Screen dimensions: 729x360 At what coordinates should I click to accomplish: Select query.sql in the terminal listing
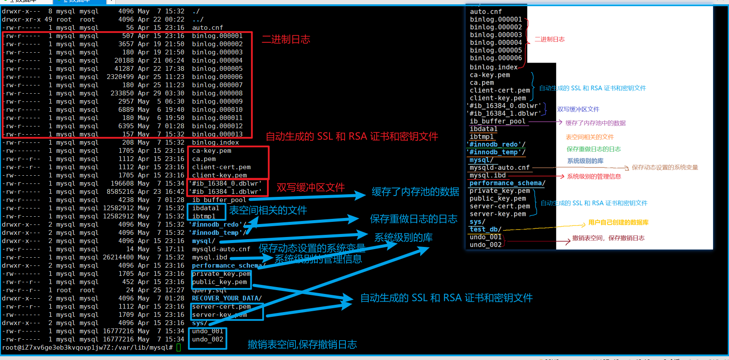pyautogui.click(x=209, y=290)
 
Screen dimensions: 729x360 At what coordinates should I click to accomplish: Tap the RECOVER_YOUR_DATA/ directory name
pyautogui.click(x=227, y=298)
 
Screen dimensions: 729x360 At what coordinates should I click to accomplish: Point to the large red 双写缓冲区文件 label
pyautogui.click(x=311, y=187)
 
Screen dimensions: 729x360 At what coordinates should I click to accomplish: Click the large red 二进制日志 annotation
pyautogui.click(x=286, y=39)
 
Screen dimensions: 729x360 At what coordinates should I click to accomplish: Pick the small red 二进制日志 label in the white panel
pyautogui.click(x=549, y=39)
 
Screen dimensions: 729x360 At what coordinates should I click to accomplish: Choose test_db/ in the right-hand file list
pyautogui.click(x=485, y=229)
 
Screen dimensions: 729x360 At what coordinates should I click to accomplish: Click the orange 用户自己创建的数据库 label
pyautogui.click(x=618, y=223)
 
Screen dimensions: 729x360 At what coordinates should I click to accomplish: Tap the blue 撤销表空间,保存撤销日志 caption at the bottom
pyautogui.click(x=302, y=344)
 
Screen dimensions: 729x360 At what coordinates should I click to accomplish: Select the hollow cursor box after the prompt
pyautogui.click(x=179, y=347)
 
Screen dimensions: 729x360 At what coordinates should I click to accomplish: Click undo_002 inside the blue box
pyautogui.click(x=208, y=339)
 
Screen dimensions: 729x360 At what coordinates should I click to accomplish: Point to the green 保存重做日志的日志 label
pyautogui.click(x=593, y=149)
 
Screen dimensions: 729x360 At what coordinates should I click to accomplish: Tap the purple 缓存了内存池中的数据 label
pyautogui.click(x=595, y=123)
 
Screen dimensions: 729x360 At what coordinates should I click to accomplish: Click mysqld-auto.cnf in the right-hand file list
pyautogui.click(x=499, y=167)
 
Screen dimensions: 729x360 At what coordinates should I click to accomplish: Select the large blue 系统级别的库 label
pyautogui.click(x=403, y=237)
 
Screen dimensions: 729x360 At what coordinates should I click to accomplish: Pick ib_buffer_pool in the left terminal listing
pyautogui.click(x=219, y=200)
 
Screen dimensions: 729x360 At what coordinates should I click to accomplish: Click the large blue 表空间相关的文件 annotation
pyautogui.click(x=268, y=211)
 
